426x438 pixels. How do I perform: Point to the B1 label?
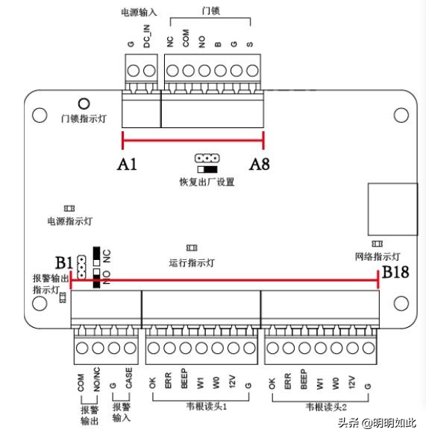(x=64, y=262)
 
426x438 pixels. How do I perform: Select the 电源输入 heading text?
(x=138, y=13)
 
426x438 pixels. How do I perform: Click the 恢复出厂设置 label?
(x=206, y=182)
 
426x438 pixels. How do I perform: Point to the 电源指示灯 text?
(x=69, y=221)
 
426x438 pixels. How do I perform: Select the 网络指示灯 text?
(x=378, y=257)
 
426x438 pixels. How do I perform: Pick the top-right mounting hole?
(x=401, y=115)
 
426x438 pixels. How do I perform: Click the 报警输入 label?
(x=122, y=414)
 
